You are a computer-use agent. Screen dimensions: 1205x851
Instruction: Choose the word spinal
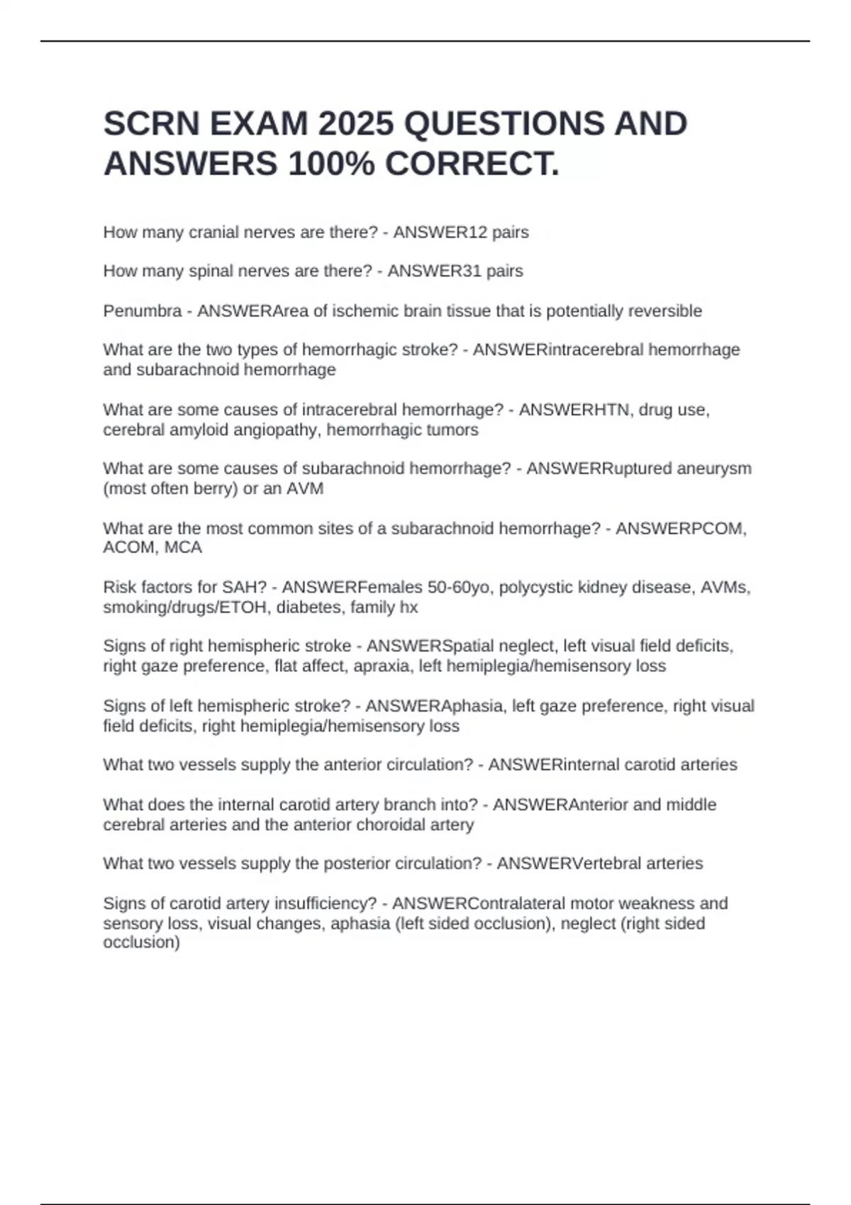pos(211,271)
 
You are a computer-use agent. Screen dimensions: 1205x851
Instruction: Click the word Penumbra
pos(142,311)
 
